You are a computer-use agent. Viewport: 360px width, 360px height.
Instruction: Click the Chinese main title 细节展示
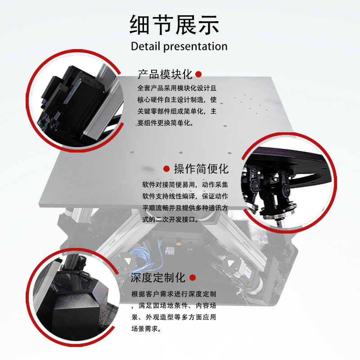pos(174,25)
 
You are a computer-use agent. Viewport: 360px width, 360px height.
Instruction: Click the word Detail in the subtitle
pos(145,46)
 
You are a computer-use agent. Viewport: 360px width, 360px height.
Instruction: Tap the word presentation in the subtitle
pos(195,47)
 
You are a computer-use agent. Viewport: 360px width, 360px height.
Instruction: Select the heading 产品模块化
pos(165,74)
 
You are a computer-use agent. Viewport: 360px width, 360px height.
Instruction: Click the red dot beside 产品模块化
pos(198,74)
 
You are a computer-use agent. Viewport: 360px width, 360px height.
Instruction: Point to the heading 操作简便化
pos(201,169)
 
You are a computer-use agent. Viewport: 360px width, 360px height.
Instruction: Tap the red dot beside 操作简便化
pos(166,169)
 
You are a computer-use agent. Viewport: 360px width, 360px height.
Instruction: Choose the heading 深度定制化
pos(158,278)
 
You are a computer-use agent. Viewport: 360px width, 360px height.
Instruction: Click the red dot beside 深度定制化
pos(193,278)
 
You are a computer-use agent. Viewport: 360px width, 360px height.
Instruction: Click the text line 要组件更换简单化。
pos(166,123)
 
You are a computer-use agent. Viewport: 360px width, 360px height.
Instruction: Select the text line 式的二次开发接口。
pos(171,219)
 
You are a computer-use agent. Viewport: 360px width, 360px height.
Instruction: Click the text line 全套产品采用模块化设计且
pos(177,88)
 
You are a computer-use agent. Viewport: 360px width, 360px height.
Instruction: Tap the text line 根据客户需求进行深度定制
pos(174,294)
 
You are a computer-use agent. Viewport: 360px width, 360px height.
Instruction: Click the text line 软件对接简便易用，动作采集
pos(185,184)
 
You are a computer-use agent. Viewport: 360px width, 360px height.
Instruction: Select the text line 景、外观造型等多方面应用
pos(174,317)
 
